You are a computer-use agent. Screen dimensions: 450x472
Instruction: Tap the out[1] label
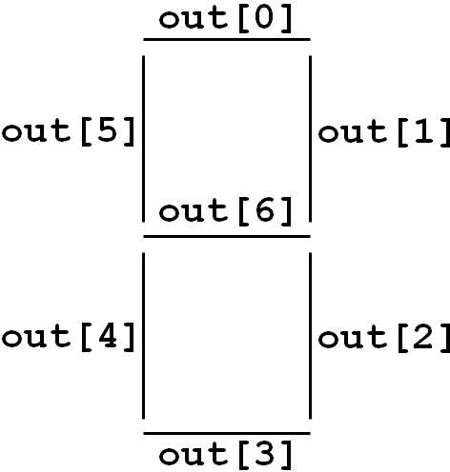[384, 133]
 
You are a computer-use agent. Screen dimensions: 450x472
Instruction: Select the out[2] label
[384, 338]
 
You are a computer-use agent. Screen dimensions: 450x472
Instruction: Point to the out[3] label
[225, 456]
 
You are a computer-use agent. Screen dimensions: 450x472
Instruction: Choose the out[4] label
[69, 337]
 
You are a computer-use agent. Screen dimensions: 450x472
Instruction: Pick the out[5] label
[69, 132]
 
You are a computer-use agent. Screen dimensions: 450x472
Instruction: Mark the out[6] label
[225, 211]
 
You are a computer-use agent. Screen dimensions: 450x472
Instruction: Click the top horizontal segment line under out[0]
[227, 40]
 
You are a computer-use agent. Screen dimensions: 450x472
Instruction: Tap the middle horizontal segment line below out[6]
[227, 236]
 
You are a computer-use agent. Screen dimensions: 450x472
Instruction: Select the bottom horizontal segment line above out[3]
[227, 433]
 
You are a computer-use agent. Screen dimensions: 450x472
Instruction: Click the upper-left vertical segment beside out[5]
[144, 139]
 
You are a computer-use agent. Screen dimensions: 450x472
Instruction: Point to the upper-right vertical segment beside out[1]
[310, 139]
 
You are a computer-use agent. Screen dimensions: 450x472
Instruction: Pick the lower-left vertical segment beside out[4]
[144, 336]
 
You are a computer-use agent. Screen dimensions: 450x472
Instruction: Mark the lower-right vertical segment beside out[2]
[310, 336]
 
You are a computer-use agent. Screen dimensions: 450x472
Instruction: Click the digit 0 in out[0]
[264, 18]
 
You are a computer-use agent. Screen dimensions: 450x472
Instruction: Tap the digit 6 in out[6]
[264, 209]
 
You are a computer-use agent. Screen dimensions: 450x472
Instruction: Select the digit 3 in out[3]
[265, 454]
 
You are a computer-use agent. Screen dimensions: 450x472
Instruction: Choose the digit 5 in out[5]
[108, 130]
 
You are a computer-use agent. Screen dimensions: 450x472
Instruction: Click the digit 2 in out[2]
[422, 336]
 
